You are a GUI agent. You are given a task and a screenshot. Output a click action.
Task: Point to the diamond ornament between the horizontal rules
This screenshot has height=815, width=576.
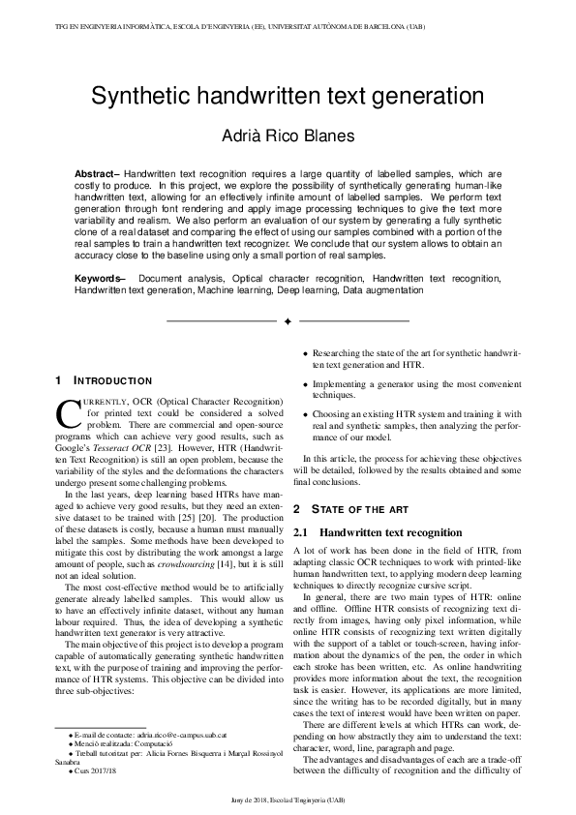coord(288,320)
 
